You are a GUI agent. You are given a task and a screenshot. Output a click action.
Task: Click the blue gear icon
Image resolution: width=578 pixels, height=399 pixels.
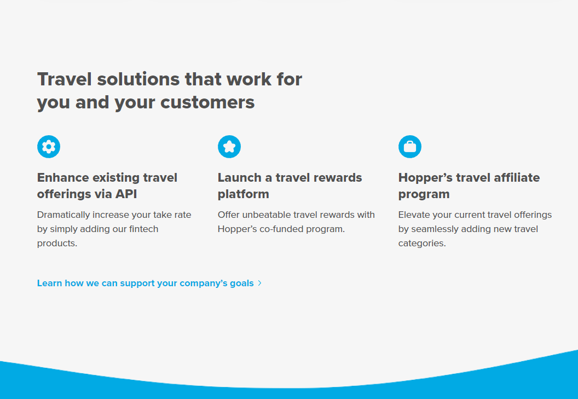click(x=49, y=147)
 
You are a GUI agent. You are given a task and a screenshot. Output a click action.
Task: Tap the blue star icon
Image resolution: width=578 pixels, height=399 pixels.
click(x=229, y=147)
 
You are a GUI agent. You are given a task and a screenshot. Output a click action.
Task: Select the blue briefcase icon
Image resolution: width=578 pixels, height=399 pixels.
click(x=410, y=147)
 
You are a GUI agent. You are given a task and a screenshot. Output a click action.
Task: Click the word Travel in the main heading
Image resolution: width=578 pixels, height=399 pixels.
click(x=65, y=79)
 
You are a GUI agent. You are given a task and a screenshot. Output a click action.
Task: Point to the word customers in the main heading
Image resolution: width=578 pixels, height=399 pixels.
click(x=207, y=102)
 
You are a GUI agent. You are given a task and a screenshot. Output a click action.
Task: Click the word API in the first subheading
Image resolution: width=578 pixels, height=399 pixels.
click(x=126, y=194)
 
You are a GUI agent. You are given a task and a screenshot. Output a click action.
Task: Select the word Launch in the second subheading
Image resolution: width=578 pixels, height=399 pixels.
click(x=240, y=178)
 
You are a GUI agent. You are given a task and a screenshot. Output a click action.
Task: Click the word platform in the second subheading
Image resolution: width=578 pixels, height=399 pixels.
click(x=243, y=194)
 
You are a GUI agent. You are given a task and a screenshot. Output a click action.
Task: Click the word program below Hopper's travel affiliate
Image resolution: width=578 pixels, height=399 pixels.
click(x=424, y=195)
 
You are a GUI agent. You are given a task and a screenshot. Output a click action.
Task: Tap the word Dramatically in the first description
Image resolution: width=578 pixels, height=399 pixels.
click(x=63, y=215)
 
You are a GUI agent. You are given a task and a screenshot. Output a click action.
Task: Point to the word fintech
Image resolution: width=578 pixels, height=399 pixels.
click(x=144, y=229)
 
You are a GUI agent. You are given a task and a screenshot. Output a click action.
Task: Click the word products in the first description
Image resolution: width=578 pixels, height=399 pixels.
click(x=57, y=244)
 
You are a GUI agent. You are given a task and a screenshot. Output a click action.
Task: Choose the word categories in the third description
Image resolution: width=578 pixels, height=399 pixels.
click(x=422, y=244)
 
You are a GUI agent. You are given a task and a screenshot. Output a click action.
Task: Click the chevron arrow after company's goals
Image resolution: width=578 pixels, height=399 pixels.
click(x=259, y=283)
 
